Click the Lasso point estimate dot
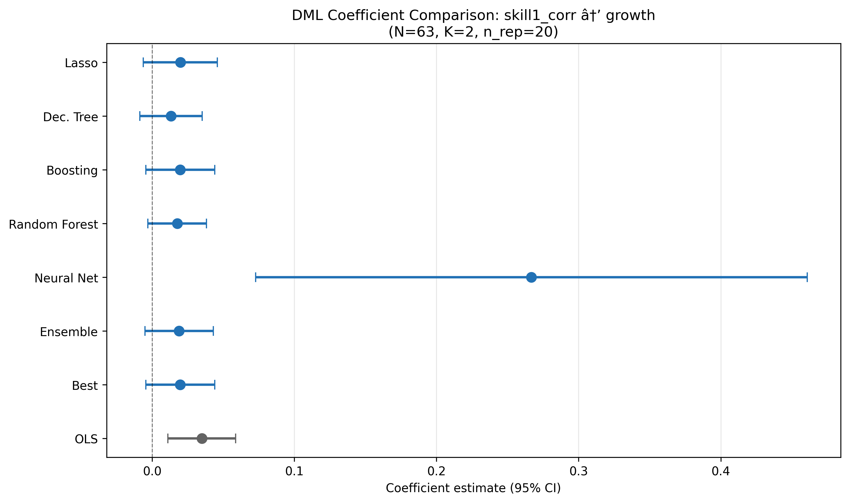coord(180,63)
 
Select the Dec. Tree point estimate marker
coord(171,116)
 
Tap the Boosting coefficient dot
coord(180,170)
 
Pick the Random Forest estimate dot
coord(177,224)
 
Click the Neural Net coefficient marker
coord(531,277)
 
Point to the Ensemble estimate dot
coord(179,331)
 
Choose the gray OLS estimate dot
coord(202,439)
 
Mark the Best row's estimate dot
coord(180,385)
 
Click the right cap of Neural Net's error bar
coord(807,277)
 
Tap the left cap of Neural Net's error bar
coord(256,277)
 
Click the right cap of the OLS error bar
coord(236,439)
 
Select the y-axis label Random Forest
coord(53,224)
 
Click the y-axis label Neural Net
coord(66,278)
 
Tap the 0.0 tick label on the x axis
coord(152,471)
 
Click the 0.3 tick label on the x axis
coord(578,471)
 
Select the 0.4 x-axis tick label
coord(721,471)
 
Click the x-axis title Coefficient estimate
coord(473,488)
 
